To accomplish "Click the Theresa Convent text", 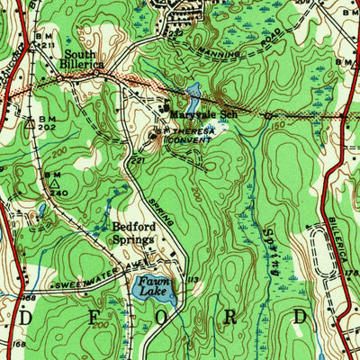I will pos(184,135).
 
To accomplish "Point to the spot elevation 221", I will pos(138,161).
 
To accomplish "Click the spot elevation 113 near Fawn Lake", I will pos(191,280).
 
